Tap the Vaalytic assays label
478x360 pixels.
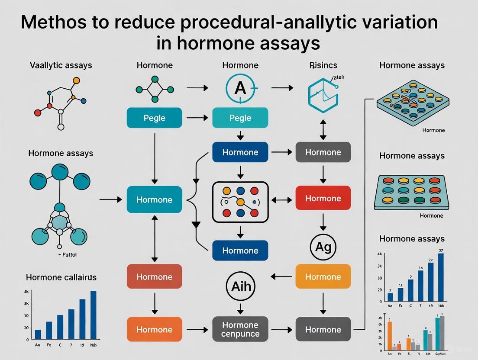61,66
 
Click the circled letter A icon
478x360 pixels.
240,89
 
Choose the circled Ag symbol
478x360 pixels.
323,247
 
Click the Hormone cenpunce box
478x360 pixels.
240,329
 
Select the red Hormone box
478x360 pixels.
323,199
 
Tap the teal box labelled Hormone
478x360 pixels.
154,199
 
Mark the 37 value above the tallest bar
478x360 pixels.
441,250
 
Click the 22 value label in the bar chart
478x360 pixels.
430,260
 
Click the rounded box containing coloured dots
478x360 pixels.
241,202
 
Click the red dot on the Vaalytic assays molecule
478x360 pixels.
38,112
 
